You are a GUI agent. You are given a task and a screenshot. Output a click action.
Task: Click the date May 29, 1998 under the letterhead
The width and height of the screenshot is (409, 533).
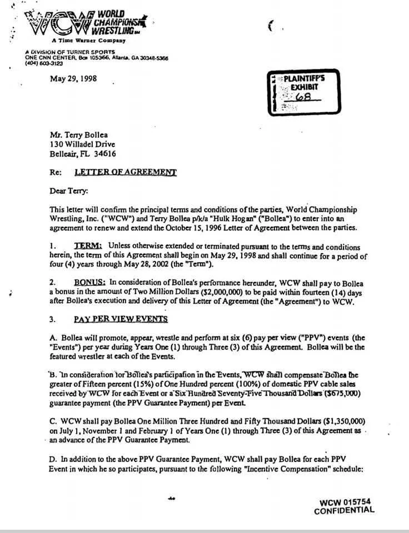coord(73,78)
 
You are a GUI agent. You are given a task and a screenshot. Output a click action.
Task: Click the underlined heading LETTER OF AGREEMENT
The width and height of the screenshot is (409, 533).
coord(125,172)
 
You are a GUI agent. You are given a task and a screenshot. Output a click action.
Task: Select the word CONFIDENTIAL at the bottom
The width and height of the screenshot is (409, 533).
coord(344,511)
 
